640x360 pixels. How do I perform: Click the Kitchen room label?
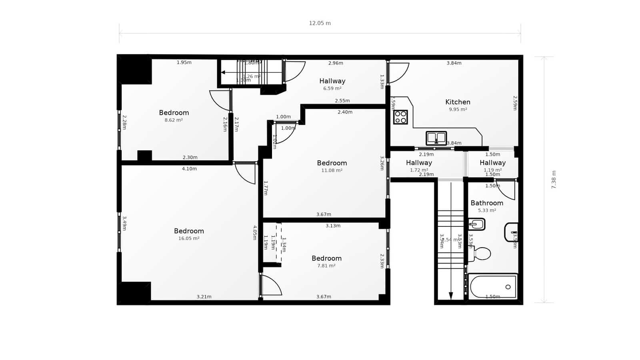(458, 102)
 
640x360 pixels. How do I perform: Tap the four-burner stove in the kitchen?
(400, 117)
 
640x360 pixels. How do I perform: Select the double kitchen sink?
(436, 138)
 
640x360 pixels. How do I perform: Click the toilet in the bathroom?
(481, 254)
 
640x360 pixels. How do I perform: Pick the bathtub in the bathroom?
(493, 286)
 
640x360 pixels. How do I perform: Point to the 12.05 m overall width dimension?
(320, 23)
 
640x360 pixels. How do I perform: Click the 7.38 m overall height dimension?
(554, 180)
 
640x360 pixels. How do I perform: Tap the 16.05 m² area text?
(189, 238)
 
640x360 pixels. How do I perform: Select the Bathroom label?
(487, 203)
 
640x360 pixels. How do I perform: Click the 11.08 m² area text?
(332, 170)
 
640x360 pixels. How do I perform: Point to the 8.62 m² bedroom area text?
(174, 120)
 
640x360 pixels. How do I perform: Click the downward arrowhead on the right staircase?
(451, 296)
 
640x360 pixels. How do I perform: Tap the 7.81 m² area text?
(326, 266)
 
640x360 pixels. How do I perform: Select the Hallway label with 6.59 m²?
(332, 81)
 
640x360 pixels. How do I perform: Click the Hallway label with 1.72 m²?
(419, 163)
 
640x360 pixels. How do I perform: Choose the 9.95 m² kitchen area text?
(458, 109)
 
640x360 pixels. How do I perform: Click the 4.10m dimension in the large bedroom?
(189, 169)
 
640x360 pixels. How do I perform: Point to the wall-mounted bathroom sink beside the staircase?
(477, 224)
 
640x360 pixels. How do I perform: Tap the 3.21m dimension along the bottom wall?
(204, 297)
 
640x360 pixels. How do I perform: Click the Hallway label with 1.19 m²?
(492, 163)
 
